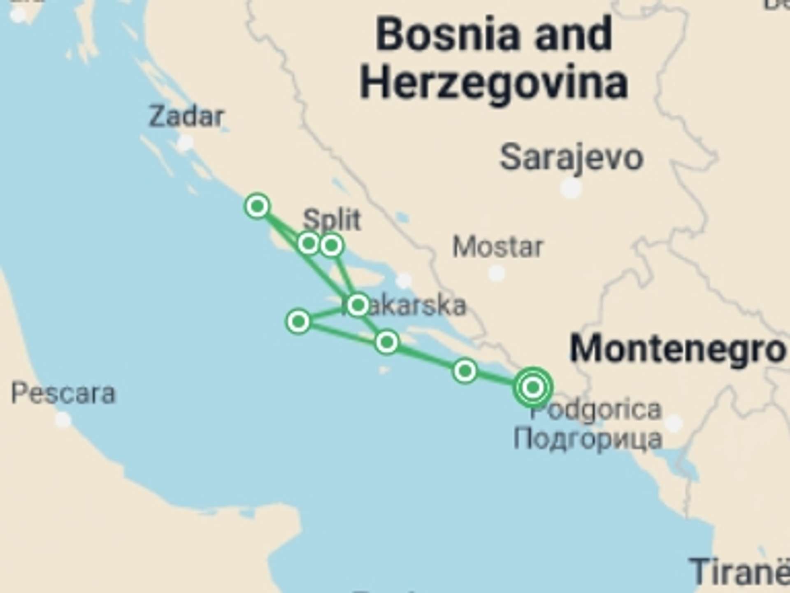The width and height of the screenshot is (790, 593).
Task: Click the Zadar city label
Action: coord(186,117)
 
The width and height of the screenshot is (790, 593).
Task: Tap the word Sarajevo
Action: coord(571,158)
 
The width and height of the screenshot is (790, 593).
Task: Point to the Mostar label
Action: coord(498,247)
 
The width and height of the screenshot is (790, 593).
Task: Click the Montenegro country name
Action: coord(677,349)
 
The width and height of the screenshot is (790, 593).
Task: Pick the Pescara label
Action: coord(63,394)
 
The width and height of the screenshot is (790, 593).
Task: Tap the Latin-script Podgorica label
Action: coord(596,410)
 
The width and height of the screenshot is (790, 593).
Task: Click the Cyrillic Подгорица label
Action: coord(588,439)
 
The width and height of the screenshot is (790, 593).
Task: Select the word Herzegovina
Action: coord(494,84)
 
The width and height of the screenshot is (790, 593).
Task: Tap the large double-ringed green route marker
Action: coord(533,387)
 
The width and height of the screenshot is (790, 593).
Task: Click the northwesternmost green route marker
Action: coord(258,206)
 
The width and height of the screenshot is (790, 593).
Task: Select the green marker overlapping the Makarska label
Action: coord(358,305)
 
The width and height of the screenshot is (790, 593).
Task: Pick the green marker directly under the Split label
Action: coord(332,246)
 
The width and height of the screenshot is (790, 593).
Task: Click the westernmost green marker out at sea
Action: coord(298,321)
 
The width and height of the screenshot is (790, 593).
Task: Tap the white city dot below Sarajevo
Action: coord(571,189)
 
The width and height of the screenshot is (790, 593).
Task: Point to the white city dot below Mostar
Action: coord(496,273)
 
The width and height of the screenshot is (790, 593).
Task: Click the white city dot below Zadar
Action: coord(185,143)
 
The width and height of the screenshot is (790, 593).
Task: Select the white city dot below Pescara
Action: coord(63,420)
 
